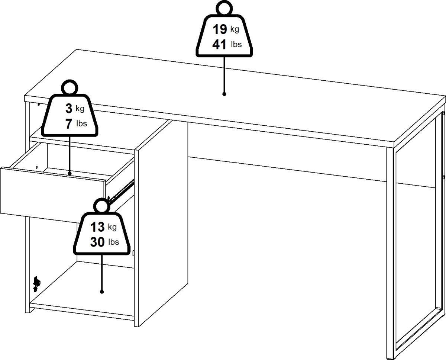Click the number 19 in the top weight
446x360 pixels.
(x=220, y=29)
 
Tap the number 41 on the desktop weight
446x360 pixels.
(x=219, y=44)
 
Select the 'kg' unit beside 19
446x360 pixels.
(x=235, y=29)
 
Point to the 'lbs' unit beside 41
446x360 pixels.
(x=236, y=44)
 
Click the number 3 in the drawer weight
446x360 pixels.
(x=69, y=109)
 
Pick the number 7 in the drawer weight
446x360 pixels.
(x=69, y=124)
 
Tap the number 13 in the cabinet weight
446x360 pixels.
(x=97, y=227)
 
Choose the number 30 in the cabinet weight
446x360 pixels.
(x=97, y=242)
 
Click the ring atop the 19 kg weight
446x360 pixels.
(x=224, y=8)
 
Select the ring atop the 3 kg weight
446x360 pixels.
(x=70, y=88)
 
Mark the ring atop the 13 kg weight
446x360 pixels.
(x=102, y=206)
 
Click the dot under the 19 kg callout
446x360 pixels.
(x=224, y=94)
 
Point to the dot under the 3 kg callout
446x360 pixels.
(x=70, y=173)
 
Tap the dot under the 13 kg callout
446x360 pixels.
(x=102, y=292)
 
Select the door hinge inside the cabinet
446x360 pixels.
(x=36, y=284)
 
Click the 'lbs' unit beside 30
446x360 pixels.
(x=114, y=242)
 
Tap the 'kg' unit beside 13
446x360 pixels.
(x=112, y=227)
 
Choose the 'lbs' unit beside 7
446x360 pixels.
(x=82, y=123)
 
